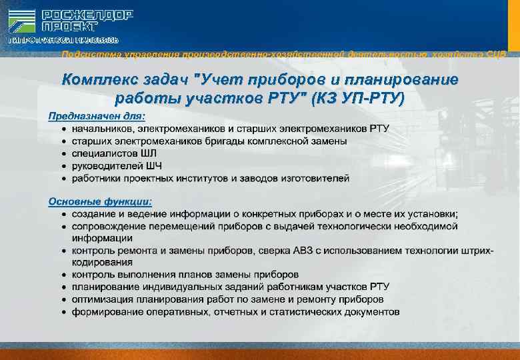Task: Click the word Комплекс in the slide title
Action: point(97,81)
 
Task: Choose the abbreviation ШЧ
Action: point(153,165)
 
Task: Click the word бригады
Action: point(221,141)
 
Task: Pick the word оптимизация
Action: point(102,299)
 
